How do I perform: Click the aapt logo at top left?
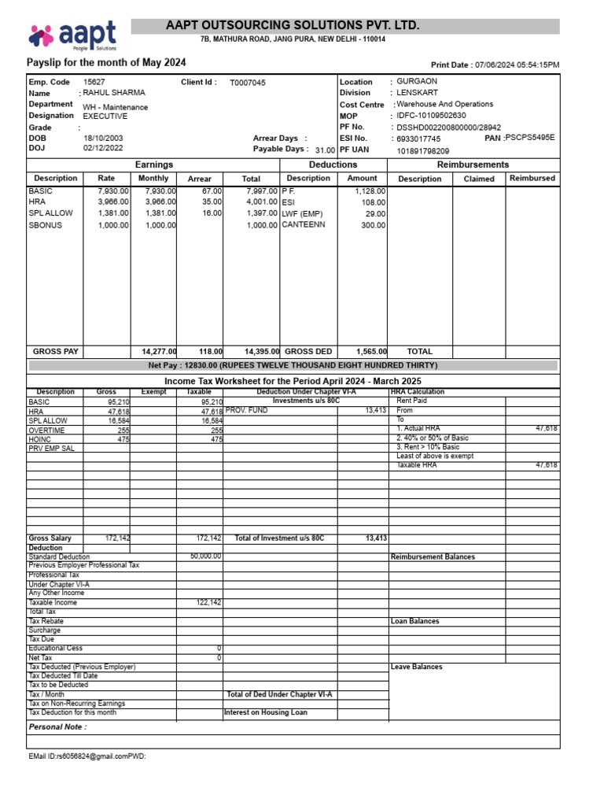point(72,35)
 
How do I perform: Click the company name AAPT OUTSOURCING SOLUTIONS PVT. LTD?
point(293,26)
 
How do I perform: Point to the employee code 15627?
point(94,82)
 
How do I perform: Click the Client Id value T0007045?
point(248,83)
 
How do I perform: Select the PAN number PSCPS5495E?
point(531,137)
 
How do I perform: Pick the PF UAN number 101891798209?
point(423,150)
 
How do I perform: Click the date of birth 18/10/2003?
point(103,138)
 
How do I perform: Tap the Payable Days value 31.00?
point(325,150)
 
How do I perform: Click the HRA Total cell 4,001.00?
point(261,201)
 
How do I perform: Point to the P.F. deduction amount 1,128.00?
point(368,190)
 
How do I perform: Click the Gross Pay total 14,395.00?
point(261,352)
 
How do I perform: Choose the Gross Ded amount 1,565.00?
point(370,352)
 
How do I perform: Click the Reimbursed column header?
point(532,179)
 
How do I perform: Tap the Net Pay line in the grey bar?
point(293,365)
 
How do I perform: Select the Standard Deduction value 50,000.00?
point(205,556)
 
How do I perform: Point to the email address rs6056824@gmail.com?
point(87,756)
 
